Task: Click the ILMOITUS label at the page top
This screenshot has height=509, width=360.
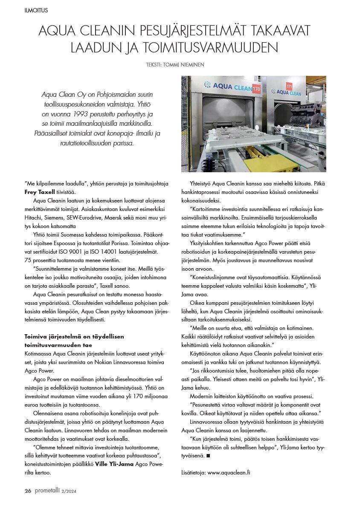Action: pyautogui.click(x=36, y=10)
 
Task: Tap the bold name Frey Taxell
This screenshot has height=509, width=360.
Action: pyautogui.click(x=40, y=192)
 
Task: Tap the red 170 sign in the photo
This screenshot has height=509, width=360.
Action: pyautogui.click(x=256, y=89)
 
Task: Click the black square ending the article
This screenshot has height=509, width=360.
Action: pyautogui.click(x=208, y=456)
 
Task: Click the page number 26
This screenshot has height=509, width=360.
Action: pyautogui.click(x=28, y=491)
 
